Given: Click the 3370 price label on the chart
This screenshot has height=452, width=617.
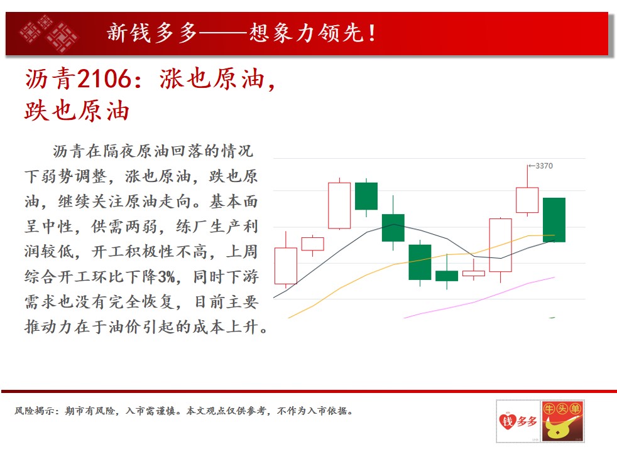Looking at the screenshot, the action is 544,166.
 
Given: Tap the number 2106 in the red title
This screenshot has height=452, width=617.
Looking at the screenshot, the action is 104,78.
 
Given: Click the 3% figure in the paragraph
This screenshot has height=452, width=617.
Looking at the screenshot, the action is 167,277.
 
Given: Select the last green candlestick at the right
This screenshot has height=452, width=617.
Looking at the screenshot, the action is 554,220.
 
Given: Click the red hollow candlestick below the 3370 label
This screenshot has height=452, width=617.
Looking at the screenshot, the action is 527,200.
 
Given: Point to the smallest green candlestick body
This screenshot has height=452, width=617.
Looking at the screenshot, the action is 447,276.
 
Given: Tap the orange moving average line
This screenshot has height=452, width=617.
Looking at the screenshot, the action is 421,260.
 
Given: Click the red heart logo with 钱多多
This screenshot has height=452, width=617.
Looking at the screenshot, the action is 518,421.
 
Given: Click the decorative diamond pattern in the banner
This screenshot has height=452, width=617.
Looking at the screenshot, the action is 49,33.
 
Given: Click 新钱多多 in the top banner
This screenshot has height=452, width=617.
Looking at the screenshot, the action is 151,33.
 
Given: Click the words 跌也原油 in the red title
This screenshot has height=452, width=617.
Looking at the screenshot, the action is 77,111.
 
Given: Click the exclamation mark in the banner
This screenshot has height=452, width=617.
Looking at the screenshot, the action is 371,33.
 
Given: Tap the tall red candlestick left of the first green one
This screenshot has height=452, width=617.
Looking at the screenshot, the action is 339,205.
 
